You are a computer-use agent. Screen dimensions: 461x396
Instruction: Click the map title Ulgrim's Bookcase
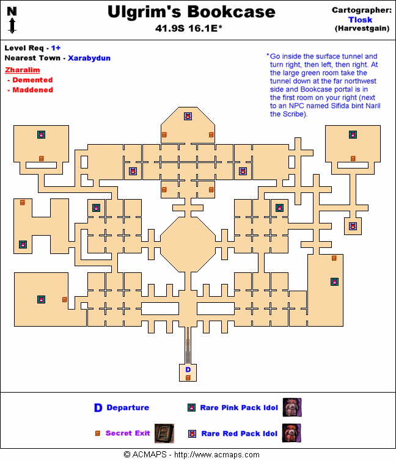[191, 12]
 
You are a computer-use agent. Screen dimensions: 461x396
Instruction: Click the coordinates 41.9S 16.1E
[189, 28]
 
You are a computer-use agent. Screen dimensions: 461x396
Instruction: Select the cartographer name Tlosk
[361, 20]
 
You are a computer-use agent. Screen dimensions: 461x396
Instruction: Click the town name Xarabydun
[89, 58]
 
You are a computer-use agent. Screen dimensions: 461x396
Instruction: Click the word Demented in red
[32, 80]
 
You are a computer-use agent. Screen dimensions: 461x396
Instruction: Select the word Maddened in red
[32, 90]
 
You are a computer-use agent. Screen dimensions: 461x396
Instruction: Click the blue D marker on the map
[188, 369]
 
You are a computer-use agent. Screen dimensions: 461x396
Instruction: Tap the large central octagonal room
[188, 244]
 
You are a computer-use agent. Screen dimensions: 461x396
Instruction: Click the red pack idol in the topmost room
[188, 116]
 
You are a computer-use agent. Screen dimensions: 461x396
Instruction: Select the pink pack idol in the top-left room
[41, 134]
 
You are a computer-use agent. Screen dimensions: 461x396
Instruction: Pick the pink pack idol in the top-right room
[353, 134]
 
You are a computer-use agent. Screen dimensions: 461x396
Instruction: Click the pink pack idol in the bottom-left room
[41, 299]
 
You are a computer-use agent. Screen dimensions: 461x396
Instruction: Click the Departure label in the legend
[127, 408]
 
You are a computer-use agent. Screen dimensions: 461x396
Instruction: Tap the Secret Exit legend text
[128, 433]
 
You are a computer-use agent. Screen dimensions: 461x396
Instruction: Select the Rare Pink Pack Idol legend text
[239, 408]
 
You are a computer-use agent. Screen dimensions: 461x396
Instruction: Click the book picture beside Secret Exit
[164, 432]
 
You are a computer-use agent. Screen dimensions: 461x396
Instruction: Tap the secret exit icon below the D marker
[188, 377]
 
